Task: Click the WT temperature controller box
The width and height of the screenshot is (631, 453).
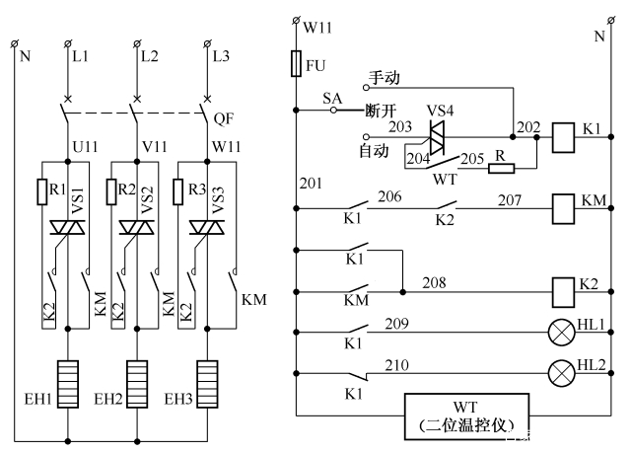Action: tap(465, 415)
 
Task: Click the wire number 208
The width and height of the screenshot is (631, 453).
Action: tap(435, 282)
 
